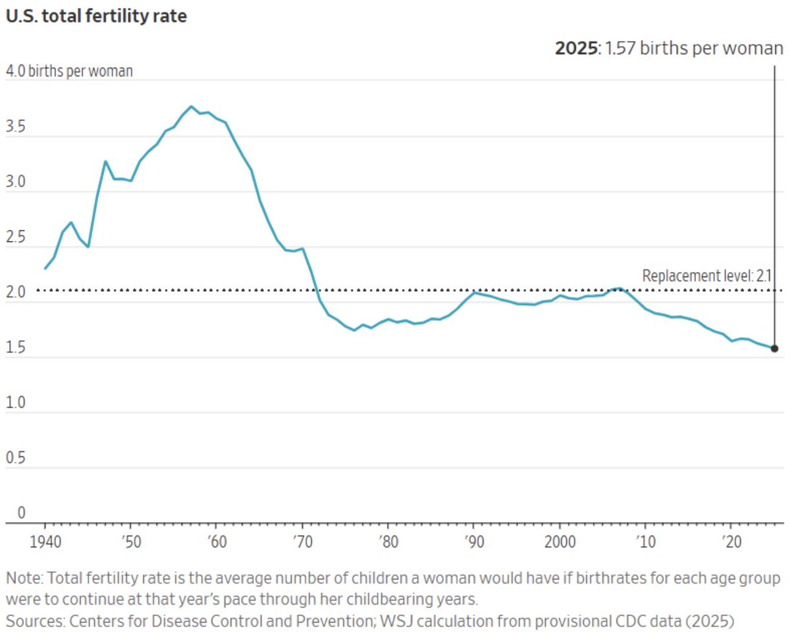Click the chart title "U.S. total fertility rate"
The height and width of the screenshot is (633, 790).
click(x=96, y=16)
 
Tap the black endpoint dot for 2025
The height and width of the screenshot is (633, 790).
click(x=774, y=348)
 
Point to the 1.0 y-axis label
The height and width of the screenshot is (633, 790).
click(x=16, y=402)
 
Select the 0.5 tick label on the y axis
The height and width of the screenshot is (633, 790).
click(x=16, y=458)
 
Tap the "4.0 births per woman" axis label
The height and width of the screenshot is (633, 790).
click(x=69, y=71)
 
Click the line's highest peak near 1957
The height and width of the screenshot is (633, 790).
click(x=191, y=106)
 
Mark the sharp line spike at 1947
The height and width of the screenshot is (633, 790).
click(x=105, y=161)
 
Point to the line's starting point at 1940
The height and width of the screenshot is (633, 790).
click(x=45, y=268)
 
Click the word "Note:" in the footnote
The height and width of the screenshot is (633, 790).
click(x=24, y=579)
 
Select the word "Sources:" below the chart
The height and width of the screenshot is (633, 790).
click(x=33, y=620)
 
